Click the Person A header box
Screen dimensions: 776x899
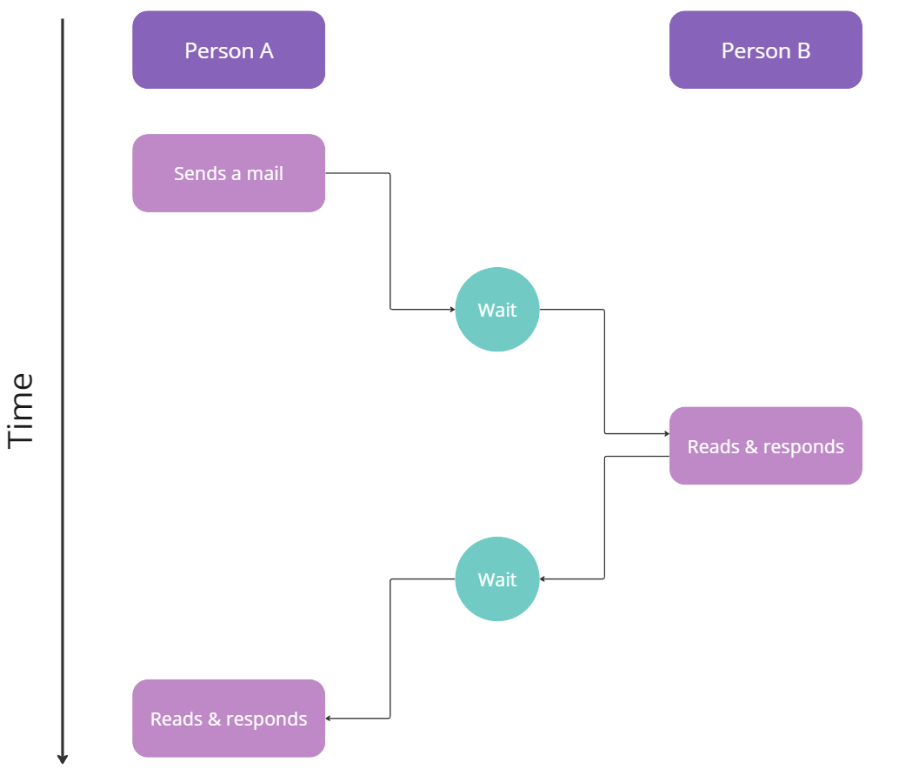[x=229, y=50]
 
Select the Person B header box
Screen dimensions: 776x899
[x=765, y=50]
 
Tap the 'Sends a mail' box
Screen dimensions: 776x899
[x=229, y=173]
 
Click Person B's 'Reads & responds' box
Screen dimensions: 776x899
[x=765, y=445]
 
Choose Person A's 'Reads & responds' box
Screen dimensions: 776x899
[x=229, y=718]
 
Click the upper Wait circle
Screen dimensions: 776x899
[x=497, y=310]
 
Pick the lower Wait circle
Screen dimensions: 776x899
[x=497, y=579]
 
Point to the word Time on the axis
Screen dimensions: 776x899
[x=21, y=410]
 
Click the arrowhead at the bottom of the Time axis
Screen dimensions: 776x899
[x=63, y=759]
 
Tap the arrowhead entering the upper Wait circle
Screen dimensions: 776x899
[x=452, y=310]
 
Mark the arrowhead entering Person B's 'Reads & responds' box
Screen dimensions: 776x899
[x=666, y=433]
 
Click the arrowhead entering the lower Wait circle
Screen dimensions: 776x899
[x=543, y=579]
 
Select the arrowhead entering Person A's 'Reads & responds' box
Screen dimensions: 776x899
[x=329, y=719]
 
